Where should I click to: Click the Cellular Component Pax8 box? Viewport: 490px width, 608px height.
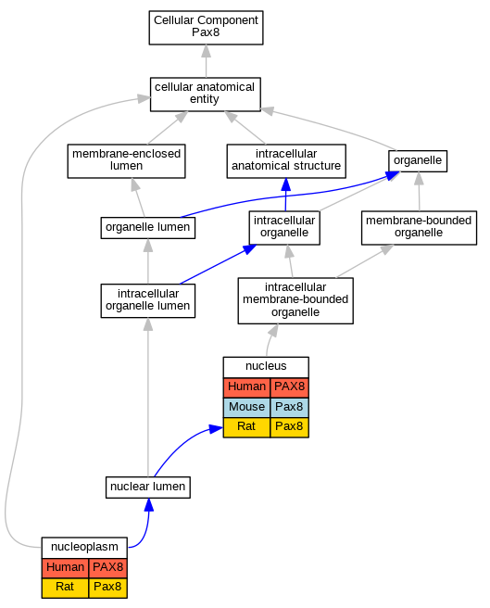click(206, 28)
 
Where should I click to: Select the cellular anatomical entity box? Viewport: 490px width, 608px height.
click(206, 95)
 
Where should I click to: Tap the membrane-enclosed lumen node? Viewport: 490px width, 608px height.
click(126, 161)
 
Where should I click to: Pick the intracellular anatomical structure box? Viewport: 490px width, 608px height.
click(286, 161)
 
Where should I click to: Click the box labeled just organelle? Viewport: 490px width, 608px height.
click(418, 161)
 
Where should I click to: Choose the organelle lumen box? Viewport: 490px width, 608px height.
click(147, 228)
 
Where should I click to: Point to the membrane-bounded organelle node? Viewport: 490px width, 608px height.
click(419, 228)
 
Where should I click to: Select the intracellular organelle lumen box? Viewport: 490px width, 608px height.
click(147, 301)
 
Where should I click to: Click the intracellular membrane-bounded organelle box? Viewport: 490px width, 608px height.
click(295, 301)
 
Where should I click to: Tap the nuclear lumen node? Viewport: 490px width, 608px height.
click(147, 488)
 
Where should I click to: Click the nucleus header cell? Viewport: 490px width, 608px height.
click(266, 367)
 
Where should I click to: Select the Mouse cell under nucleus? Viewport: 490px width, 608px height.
click(246, 407)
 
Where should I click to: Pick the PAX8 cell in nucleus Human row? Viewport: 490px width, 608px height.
click(290, 387)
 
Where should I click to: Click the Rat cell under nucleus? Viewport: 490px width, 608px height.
click(246, 427)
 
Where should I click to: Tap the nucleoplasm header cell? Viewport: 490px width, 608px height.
click(84, 547)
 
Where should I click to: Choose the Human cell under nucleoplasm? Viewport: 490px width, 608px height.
click(65, 567)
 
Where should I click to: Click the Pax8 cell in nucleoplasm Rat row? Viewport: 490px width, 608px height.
click(107, 588)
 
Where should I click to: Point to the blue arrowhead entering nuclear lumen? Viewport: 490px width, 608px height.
click(148, 505)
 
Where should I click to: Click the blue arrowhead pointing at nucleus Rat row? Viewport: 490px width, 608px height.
click(216, 429)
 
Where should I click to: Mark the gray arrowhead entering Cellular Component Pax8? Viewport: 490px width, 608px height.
click(207, 51)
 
